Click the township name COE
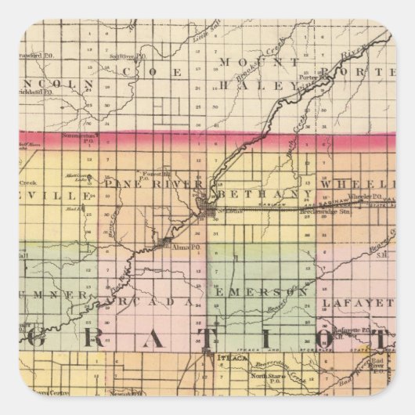pos(153,73)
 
